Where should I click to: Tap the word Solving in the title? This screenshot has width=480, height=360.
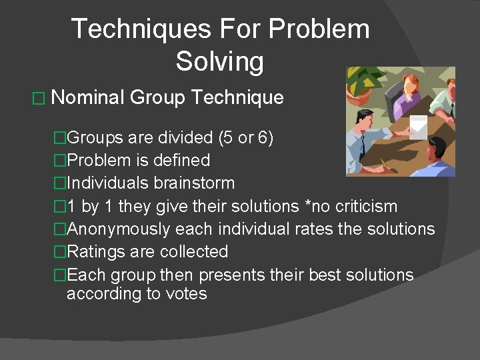220,61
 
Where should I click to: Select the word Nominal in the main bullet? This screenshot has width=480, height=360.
87,98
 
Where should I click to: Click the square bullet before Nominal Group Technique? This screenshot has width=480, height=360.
38,99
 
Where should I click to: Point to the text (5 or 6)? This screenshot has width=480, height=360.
245,138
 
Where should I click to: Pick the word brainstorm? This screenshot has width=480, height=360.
199,183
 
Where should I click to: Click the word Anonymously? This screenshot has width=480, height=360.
118,229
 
